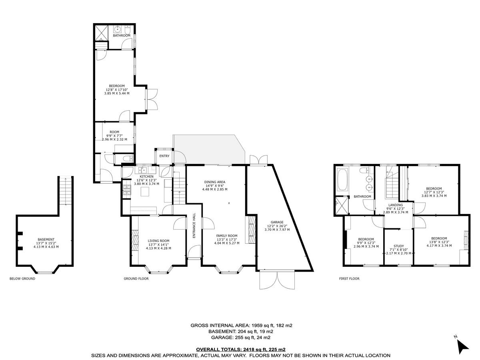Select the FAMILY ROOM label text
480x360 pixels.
tap(227, 236)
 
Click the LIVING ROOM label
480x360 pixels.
tap(154, 241)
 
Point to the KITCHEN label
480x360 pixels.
tap(146, 176)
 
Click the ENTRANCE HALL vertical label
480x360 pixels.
tap(194, 226)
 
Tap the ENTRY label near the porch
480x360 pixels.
tap(164, 156)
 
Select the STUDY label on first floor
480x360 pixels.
tap(398, 246)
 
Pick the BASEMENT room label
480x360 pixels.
tap(46, 240)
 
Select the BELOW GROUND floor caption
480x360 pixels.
tap(22, 278)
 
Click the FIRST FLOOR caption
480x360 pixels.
tap(346, 278)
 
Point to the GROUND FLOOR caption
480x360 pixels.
tap(136, 278)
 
